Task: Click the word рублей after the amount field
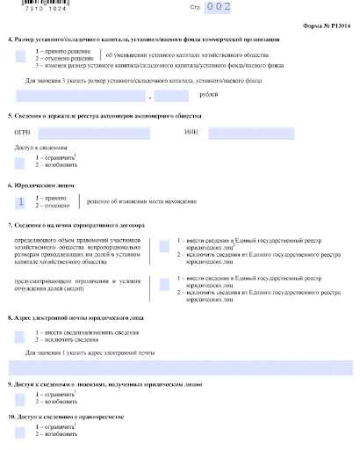coord(184,95)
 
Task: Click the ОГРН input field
coord(104,133)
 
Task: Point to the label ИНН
coord(191,133)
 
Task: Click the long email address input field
coord(179,366)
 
